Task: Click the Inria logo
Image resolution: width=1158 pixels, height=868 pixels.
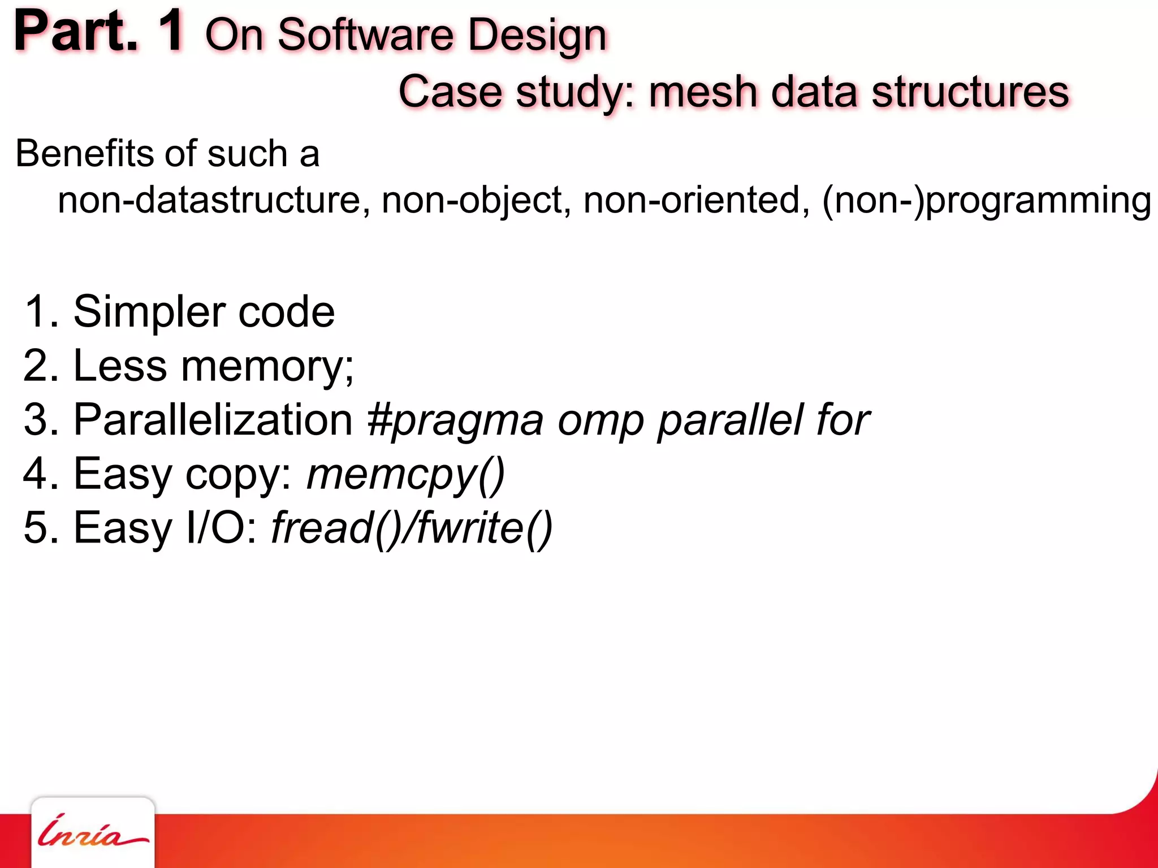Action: click(x=93, y=832)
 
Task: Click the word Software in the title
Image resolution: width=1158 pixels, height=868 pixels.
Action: click(x=365, y=35)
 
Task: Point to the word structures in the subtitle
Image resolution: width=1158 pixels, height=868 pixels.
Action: click(x=970, y=92)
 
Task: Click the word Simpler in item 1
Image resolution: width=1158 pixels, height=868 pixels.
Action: click(x=149, y=312)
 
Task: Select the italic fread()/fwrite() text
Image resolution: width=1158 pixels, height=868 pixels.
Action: click(x=412, y=528)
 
